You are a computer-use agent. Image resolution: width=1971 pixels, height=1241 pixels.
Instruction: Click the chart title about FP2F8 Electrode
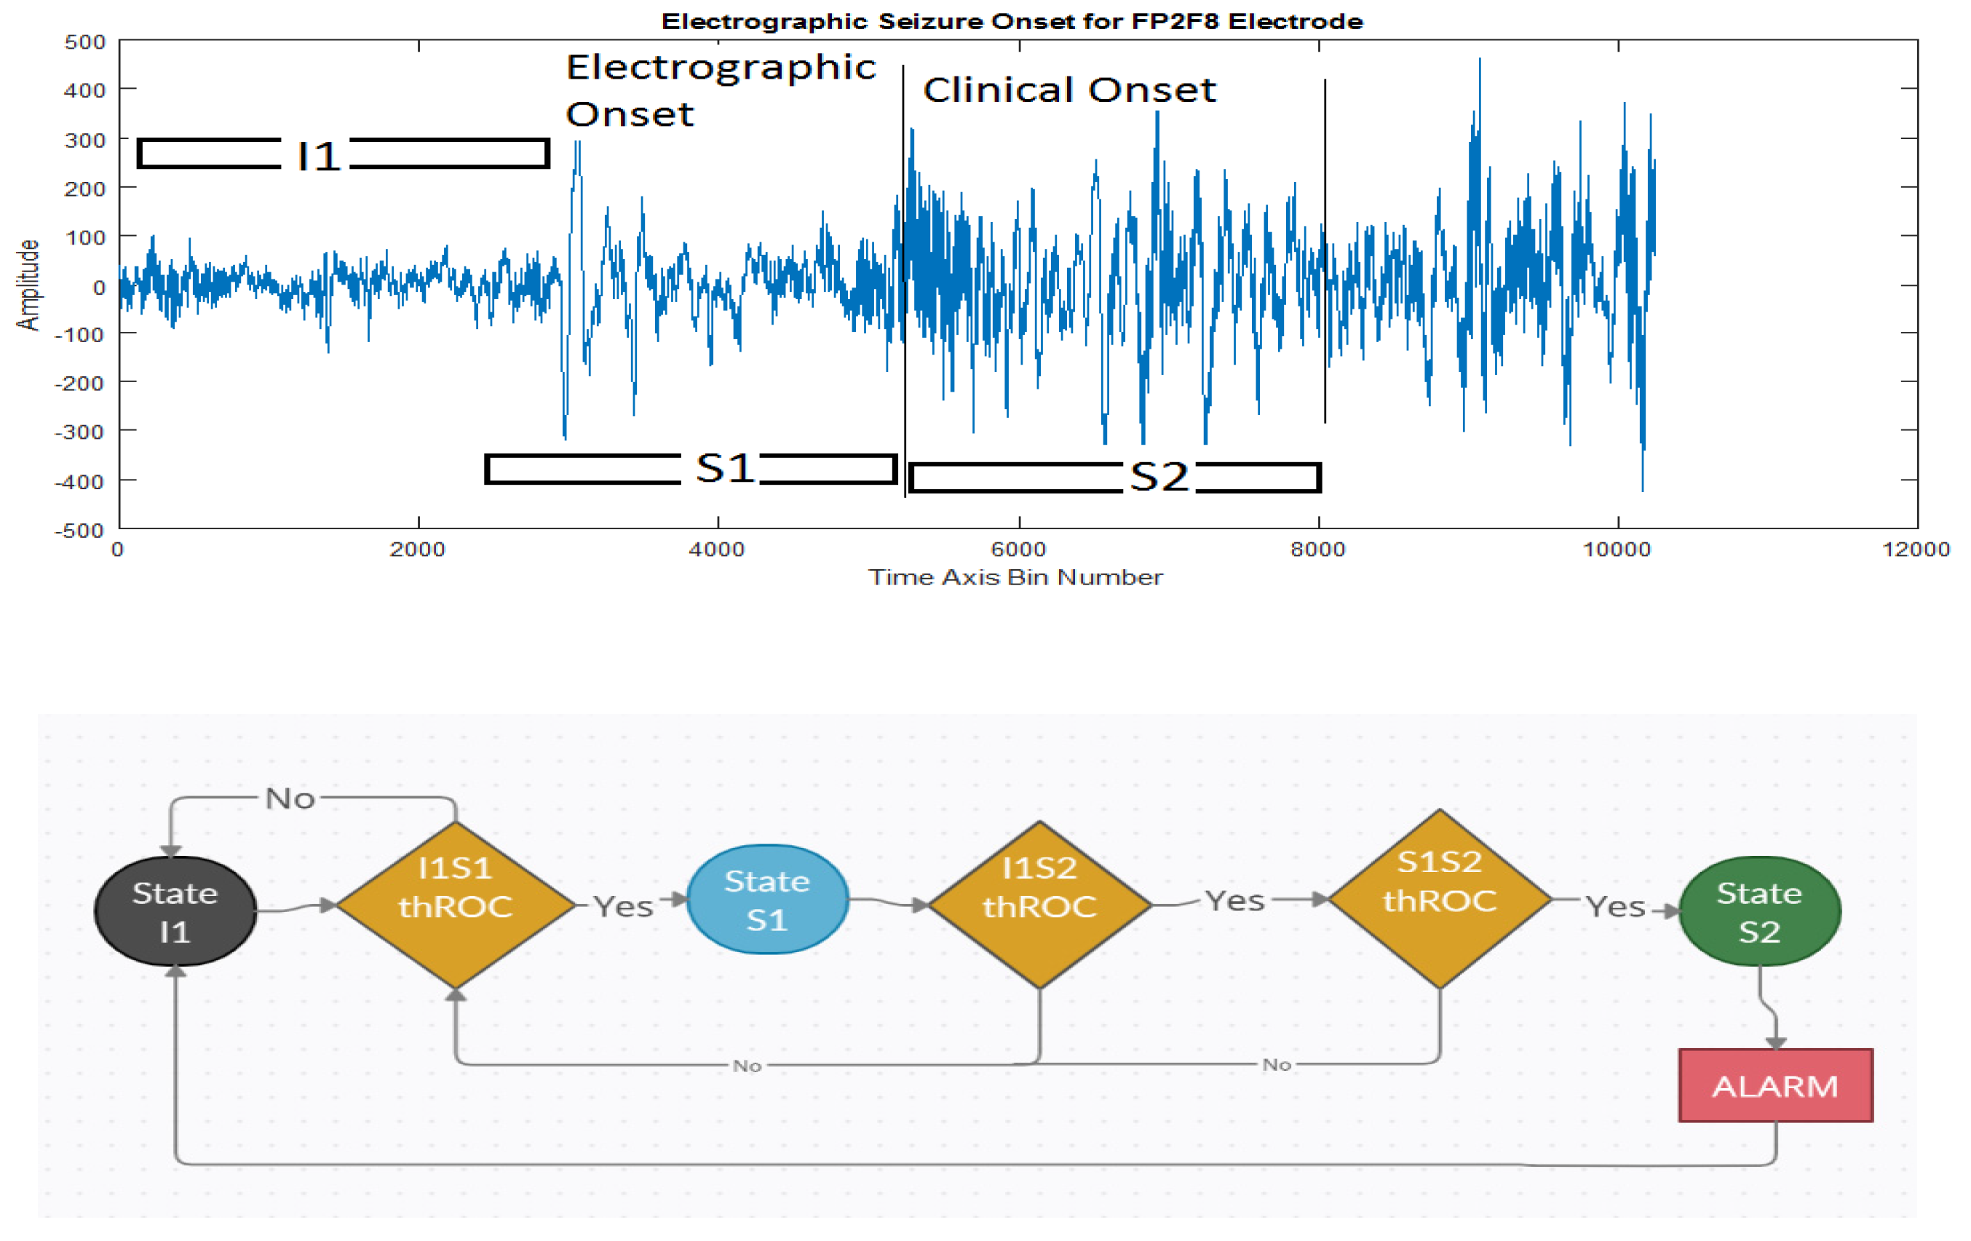coord(1012,21)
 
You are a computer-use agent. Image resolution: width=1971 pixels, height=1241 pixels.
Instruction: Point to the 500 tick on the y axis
coord(85,41)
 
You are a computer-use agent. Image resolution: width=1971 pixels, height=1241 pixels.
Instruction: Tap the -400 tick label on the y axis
coord(79,481)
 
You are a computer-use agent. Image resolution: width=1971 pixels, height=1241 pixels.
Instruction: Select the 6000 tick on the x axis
coord(1018,549)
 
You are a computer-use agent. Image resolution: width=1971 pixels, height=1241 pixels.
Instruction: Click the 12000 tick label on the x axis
coord(1916,549)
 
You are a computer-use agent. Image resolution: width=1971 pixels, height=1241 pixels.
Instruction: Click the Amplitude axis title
coord(28,285)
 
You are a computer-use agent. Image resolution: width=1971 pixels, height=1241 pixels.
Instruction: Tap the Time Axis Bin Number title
coord(1015,577)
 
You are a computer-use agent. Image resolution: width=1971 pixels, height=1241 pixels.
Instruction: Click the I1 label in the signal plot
coord(318,156)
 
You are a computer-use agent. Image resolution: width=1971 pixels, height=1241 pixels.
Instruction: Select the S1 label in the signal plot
coord(724,468)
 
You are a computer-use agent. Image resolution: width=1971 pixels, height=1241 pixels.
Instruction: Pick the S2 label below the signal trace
coord(1158,477)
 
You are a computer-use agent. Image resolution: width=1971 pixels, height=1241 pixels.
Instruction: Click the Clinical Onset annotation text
coord(1069,90)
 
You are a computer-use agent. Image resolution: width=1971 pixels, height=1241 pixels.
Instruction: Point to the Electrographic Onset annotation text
coord(721,90)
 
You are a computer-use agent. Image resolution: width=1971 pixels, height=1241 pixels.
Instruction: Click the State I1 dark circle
coord(175,911)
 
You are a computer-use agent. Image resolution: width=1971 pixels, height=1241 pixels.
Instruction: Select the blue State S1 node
coord(767,899)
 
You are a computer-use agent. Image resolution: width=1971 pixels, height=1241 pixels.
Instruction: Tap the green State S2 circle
coord(1759,911)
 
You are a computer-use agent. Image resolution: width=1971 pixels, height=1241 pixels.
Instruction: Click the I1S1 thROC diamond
coord(455,905)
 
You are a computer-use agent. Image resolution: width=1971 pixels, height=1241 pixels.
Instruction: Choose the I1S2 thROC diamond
coord(1039,905)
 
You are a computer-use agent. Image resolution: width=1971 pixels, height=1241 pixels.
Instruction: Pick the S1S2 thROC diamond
coord(1439,899)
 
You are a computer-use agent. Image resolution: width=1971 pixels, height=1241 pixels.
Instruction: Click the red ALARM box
coord(1774,1085)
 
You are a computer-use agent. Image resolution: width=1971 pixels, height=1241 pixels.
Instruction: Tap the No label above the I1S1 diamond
coord(290,798)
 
